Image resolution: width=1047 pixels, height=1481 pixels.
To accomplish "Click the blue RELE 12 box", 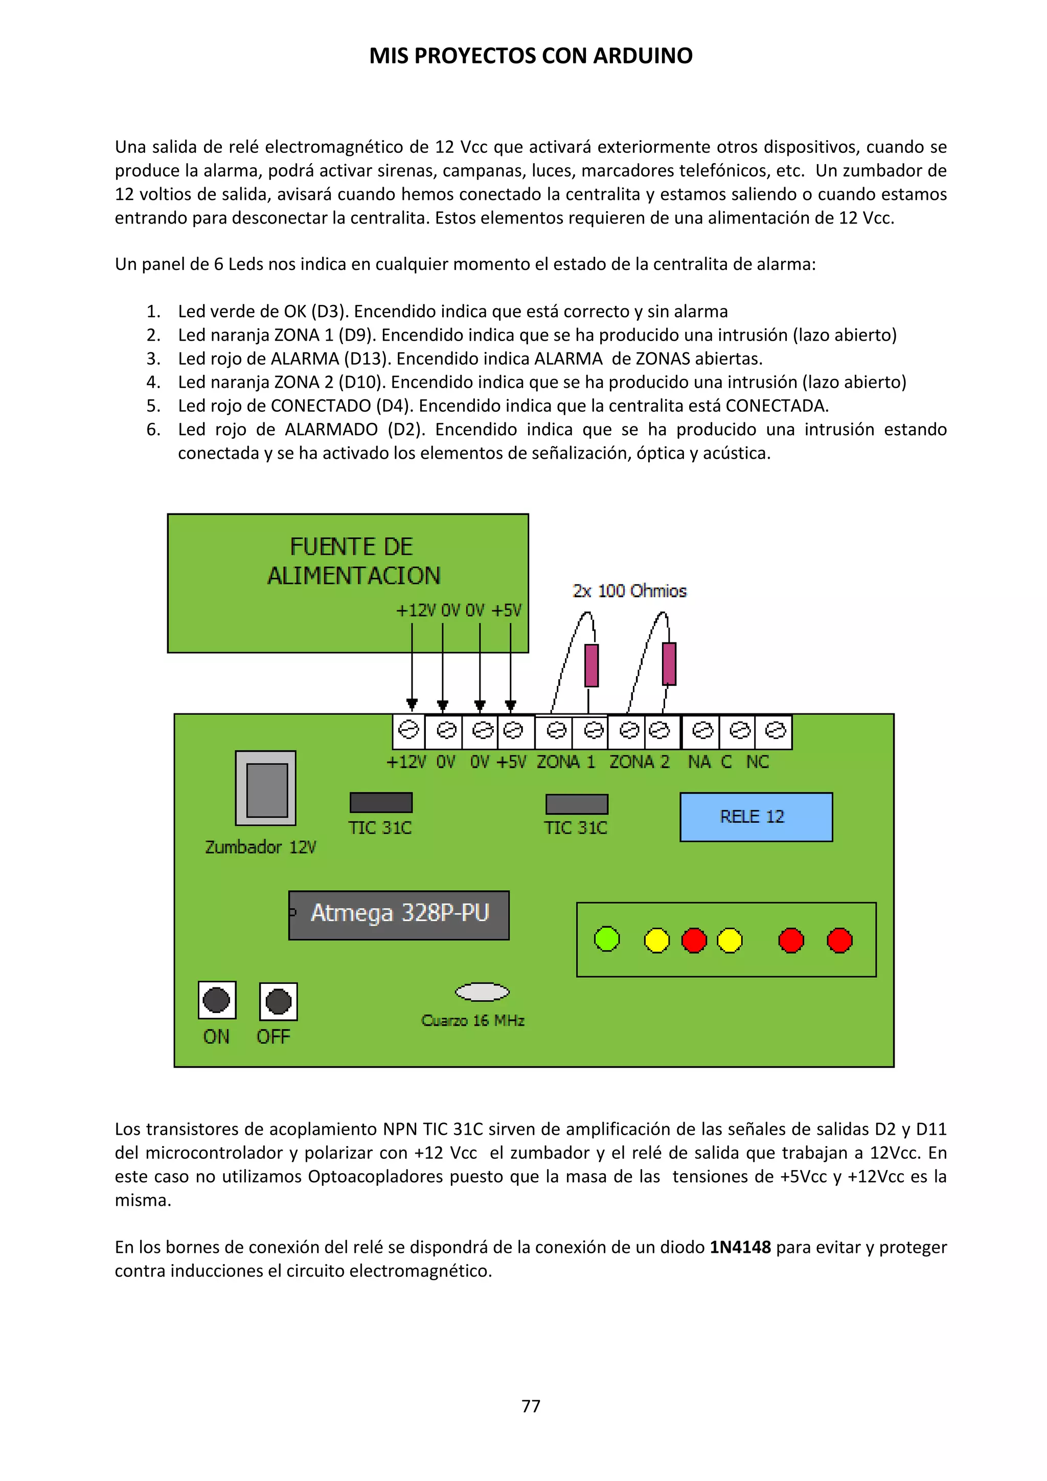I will [x=756, y=817].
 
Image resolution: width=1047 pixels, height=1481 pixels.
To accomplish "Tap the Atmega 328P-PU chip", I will [x=398, y=915].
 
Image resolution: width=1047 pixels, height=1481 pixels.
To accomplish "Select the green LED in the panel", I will [x=606, y=939].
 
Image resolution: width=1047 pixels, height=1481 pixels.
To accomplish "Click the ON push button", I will [x=217, y=1000].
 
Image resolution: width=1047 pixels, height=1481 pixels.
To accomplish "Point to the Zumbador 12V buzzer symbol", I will [x=266, y=788].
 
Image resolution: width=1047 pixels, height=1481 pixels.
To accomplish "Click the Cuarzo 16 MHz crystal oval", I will [x=482, y=992].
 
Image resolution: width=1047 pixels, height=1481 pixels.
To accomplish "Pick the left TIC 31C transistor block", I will [x=381, y=802].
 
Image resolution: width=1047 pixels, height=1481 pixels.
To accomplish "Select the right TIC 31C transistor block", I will [x=576, y=804].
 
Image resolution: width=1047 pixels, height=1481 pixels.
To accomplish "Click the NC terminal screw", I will [x=775, y=731].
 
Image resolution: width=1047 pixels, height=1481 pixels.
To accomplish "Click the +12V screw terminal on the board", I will [x=408, y=730].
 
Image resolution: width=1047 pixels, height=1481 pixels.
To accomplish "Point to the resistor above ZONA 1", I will [x=591, y=665].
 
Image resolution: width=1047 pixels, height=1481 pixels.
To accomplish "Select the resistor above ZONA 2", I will [x=669, y=664].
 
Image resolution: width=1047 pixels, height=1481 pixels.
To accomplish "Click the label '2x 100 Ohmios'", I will [x=629, y=591].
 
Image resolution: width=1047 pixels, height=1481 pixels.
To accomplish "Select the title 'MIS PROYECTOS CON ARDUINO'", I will [x=531, y=56].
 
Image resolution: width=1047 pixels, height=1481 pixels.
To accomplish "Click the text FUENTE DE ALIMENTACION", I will [x=353, y=561].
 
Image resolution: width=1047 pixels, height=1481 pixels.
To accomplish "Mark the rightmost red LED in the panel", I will [x=839, y=940].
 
